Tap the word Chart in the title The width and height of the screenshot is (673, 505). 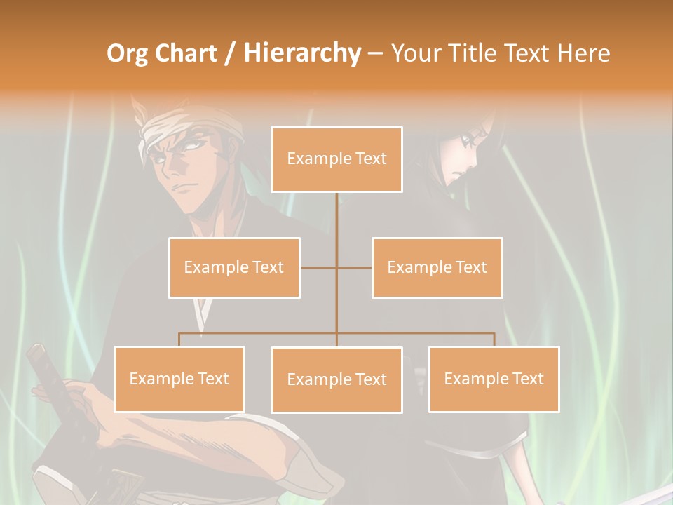(x=188, y=53)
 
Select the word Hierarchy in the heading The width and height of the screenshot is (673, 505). (x=301, y=53)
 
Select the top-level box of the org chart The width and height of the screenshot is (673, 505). (x=336, y=159)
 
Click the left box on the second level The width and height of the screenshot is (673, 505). (x=234, y=267)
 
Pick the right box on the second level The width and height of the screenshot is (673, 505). (x=437, y=267)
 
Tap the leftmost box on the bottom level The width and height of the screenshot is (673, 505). (x=179, y=379)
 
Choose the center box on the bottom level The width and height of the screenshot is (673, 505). (x=336, y=379)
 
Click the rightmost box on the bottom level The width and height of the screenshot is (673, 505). (x=494, y=379)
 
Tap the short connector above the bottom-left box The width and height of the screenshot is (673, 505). (x=179, y=339)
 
